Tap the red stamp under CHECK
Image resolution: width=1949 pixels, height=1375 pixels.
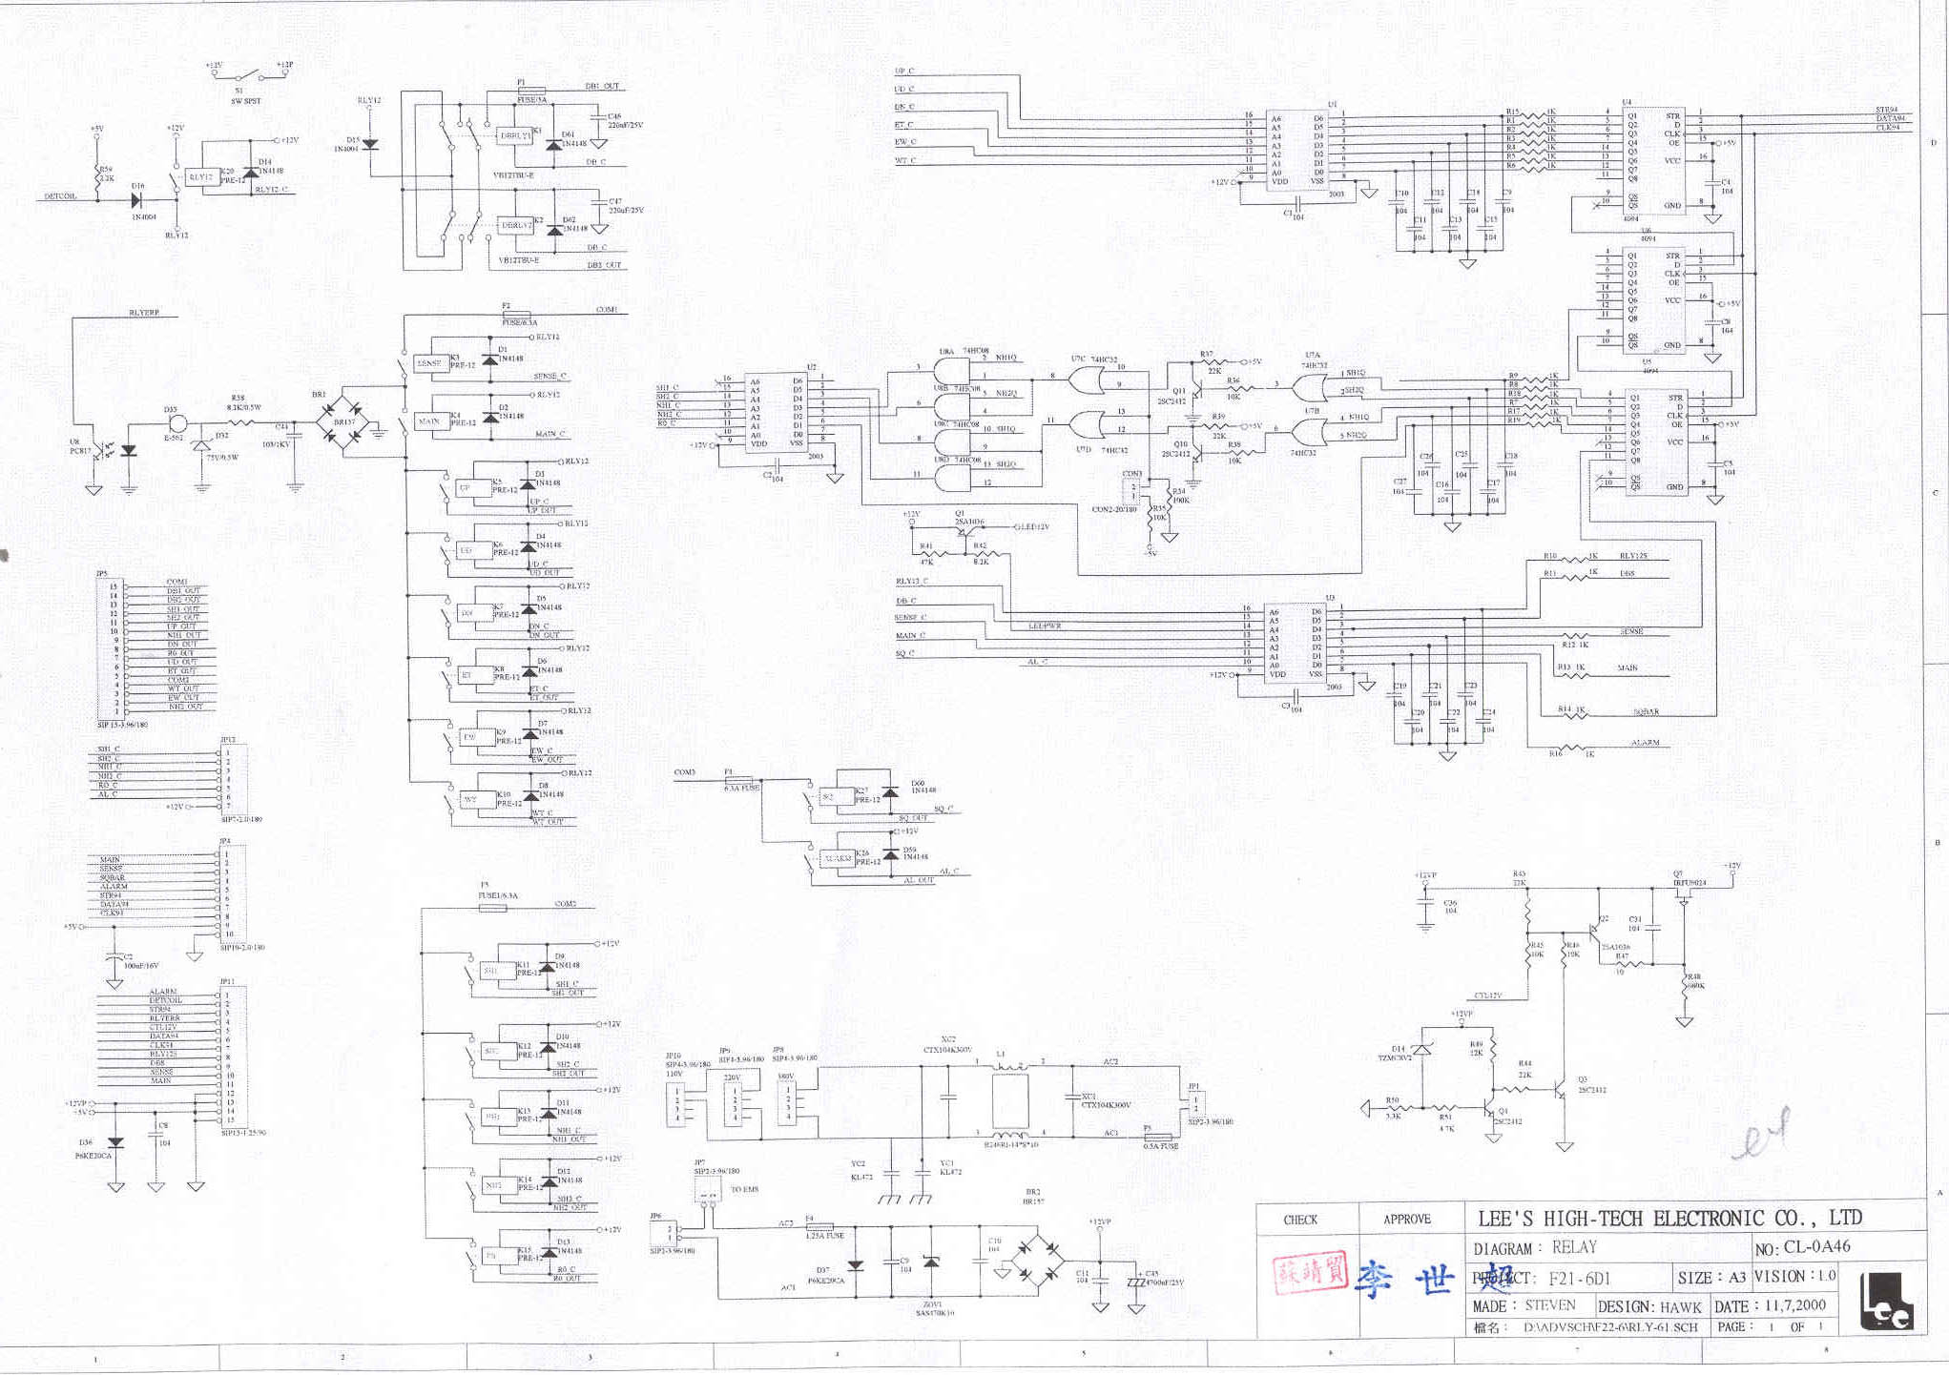(1310, 1273)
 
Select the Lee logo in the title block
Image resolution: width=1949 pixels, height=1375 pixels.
(1886, 1303)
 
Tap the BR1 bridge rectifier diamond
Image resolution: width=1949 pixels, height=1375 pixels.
(343, 421)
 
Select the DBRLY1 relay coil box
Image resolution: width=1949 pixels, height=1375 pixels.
(516, 135)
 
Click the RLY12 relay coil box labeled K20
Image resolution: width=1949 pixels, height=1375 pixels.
(201, 176)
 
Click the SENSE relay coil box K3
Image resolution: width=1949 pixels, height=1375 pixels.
(430, 363)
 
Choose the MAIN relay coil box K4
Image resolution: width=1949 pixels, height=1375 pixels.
(429, 421)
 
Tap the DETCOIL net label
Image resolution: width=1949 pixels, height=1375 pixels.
(60, 196)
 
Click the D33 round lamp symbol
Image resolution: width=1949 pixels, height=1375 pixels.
(176, 424)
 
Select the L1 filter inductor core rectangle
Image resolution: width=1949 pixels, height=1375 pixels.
(1010, 1101)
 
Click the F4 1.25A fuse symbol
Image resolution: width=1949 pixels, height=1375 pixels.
(819, 1226)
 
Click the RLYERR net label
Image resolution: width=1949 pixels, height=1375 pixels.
(144, 313)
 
